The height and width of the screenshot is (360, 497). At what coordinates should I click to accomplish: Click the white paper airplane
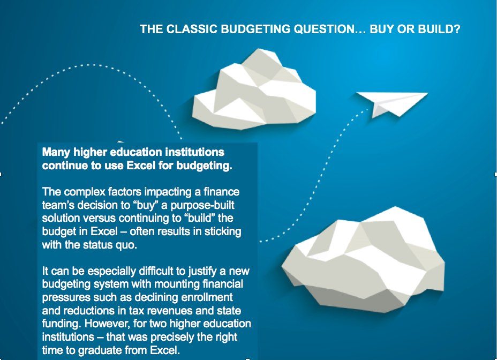pos(392,103)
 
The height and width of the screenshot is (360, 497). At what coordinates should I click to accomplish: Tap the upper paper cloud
pos(253,91)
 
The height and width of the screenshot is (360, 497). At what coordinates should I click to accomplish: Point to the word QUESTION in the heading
pos(330,29)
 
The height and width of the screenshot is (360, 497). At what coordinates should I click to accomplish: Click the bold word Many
pos(56,153)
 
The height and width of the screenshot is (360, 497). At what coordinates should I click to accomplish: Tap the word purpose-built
pos(202,205)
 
